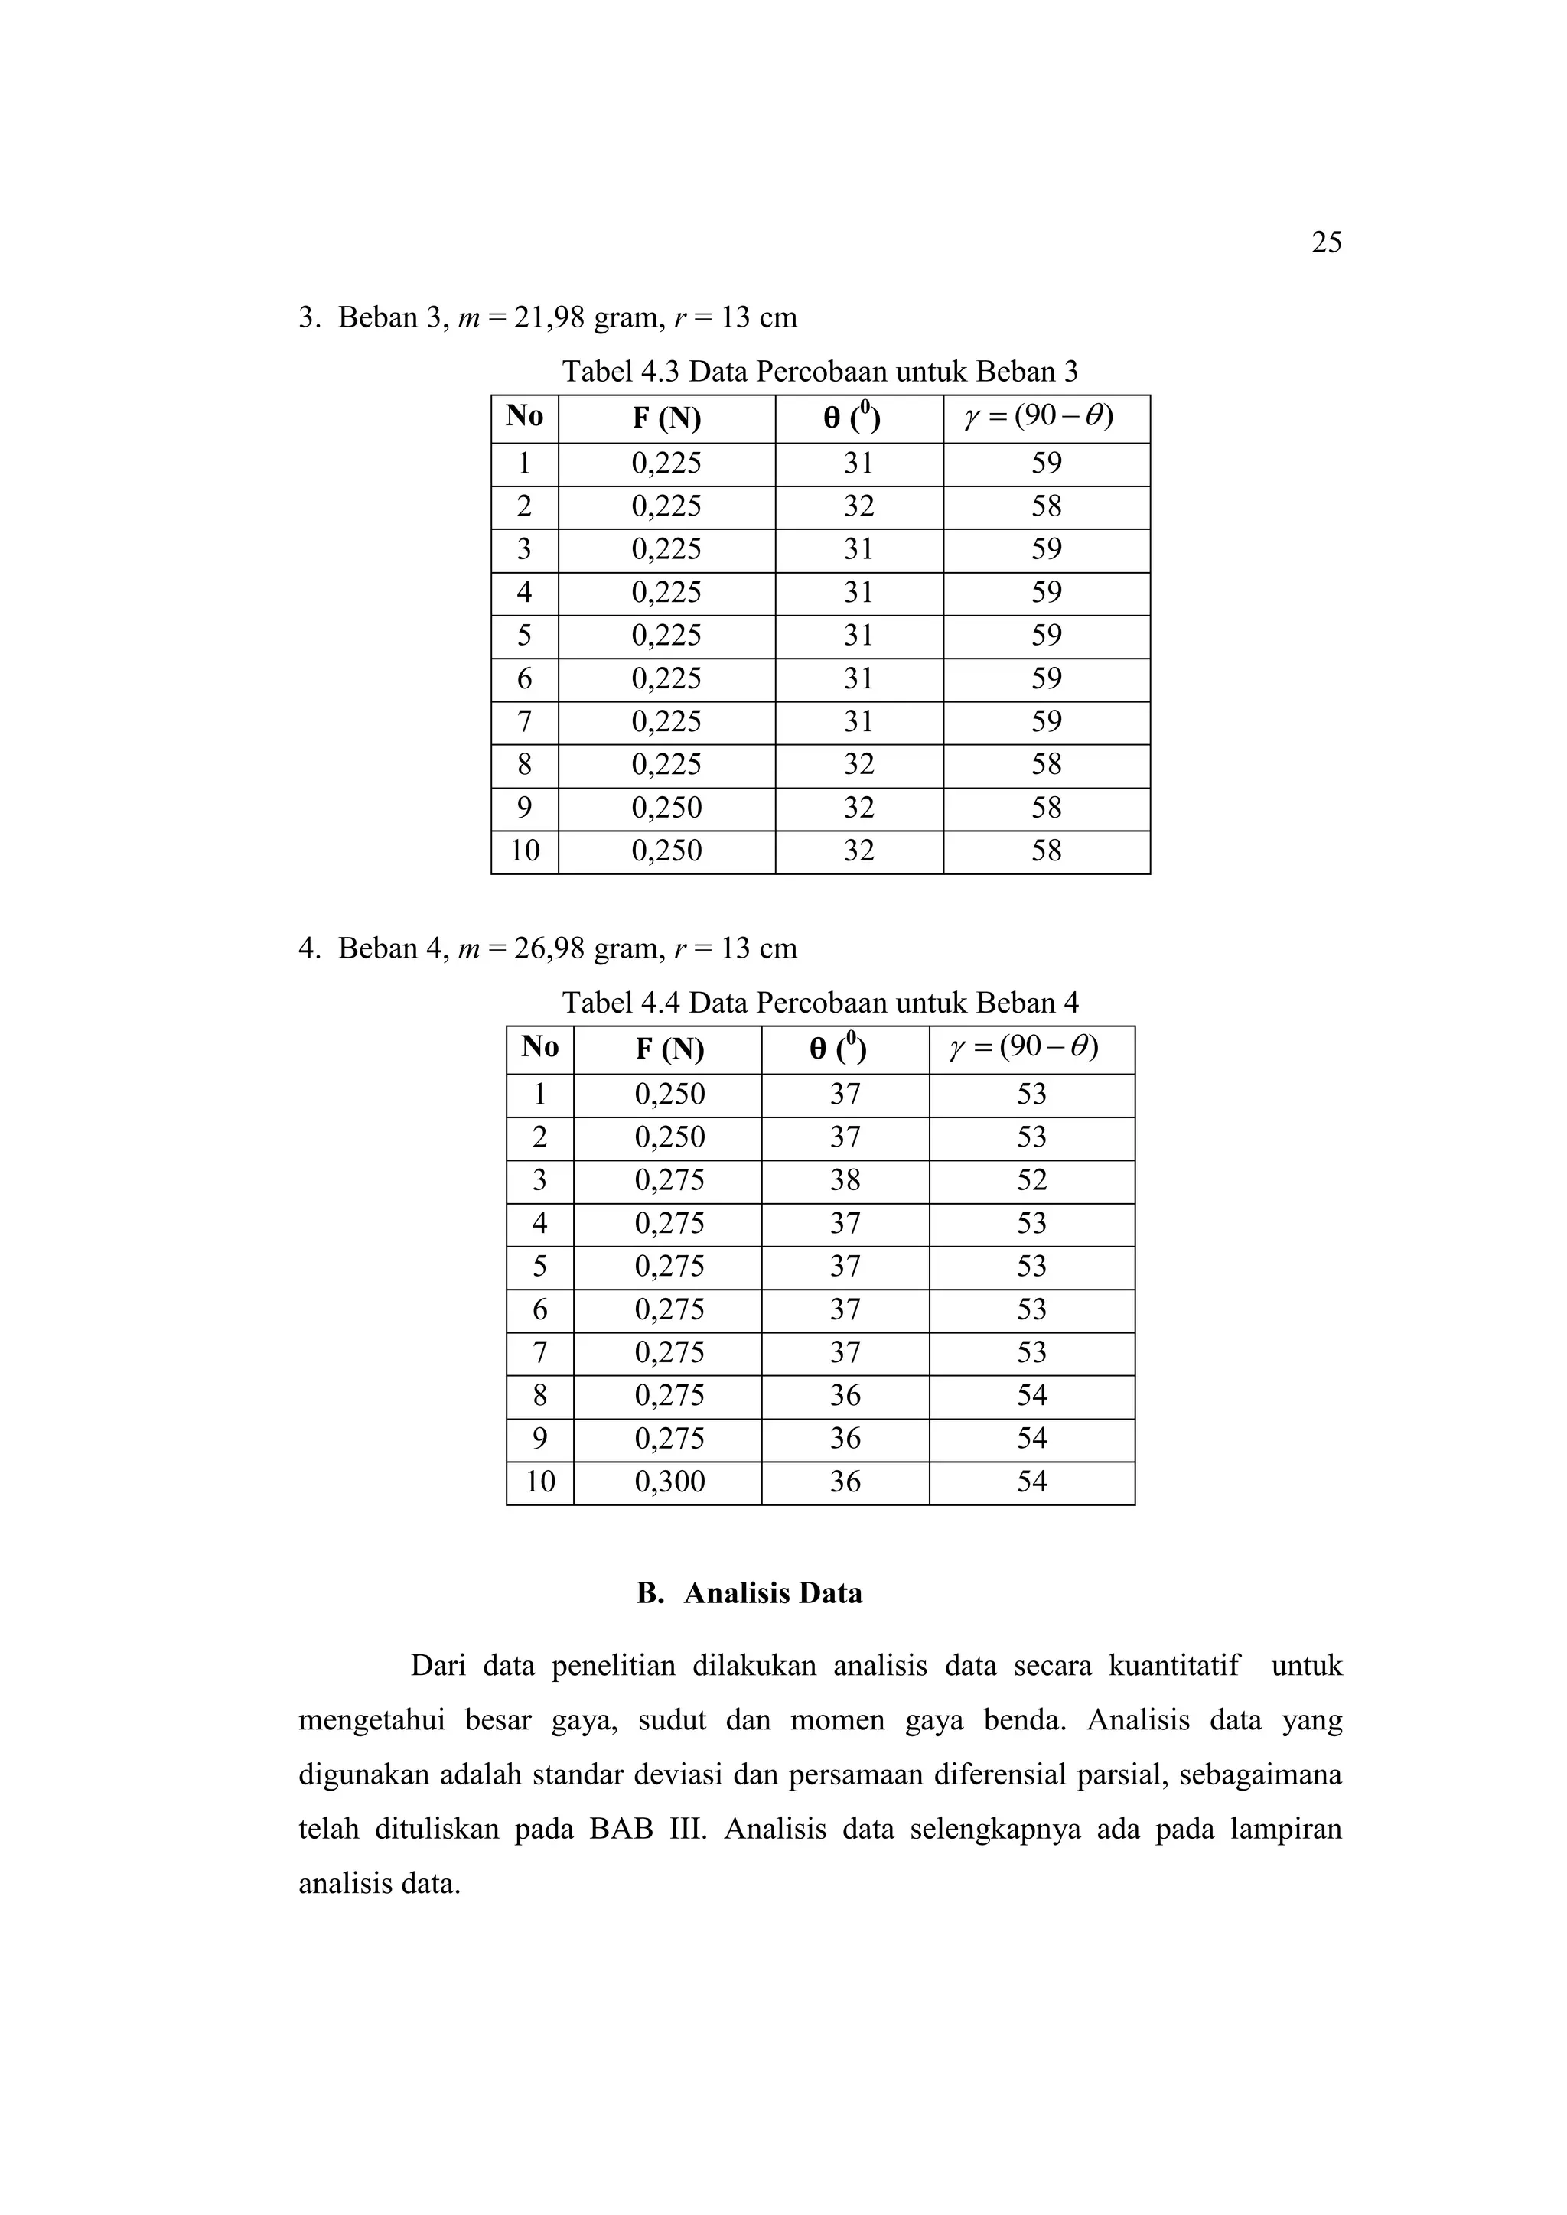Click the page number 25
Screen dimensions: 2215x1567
pyautogui.click(x=1326, y=242)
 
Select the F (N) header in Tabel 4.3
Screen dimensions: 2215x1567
pyautogui.click(x=666, y=418)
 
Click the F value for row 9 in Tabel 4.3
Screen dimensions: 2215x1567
pyautogui.click(x=666, y=808)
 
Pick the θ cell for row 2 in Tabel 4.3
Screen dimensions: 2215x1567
pyautogui.click(x=858, y=506)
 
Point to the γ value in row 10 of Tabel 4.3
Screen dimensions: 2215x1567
pyautogui.click(x=1046, y=851)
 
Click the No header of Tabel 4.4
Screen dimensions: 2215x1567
pyautogui.click(x=539, y=1048)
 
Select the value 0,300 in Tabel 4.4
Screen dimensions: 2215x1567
pyautogui.click(x=669, y=1482)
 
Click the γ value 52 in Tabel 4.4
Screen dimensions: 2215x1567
pyautogui.click(x=1031, y=1180)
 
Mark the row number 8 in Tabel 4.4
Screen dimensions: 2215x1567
pyautogui.click(x=539, y=1396)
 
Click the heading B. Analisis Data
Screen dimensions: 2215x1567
pyautogui.click(x=749, y=1592)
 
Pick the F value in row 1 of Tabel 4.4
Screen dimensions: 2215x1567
pyautogui.click(x=669, y=1094)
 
